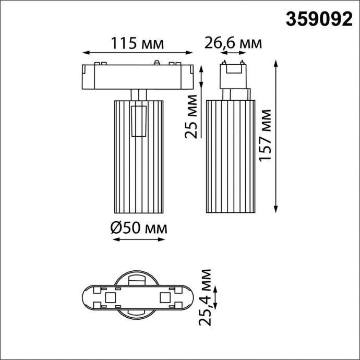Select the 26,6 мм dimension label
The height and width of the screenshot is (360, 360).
pyautogui.click(x=233, y=43)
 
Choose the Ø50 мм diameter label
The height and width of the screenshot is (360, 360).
pyautogui.click(x=138, y=228)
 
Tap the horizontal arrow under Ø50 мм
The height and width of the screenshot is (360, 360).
pyautogui.click(x=138, y=240)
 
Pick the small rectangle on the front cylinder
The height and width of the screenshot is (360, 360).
pyautogui.click(x=138, y=121)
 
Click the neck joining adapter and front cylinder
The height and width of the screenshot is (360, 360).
pyautogui.click(x=138, y=94)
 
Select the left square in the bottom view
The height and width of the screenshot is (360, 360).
pyautogui.click(x=110, y=298)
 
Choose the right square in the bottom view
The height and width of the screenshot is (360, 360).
pyautogui.click(x=165, y=298)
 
